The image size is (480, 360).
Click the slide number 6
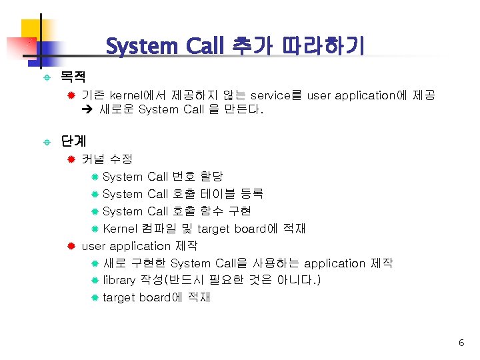pyautogui.click(x=461, y=343)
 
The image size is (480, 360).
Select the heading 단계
pyautogui.click(x=73, y=141)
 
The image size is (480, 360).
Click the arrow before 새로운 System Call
pyautogui.click(x=87, y=109)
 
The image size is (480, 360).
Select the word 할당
pyautogui.click(x=212, y=177)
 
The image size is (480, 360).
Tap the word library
pyautogui.click(x=119, y=280)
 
